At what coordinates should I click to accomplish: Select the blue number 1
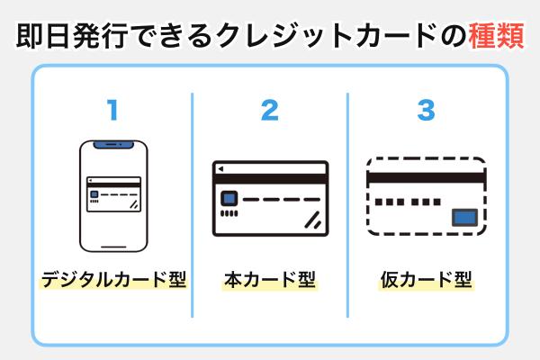[x=112, y=111]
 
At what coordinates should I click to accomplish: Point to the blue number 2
[x=269, y=111]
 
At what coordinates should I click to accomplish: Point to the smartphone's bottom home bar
[x=113, y=244]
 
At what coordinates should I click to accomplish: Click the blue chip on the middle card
[x=229, y=199]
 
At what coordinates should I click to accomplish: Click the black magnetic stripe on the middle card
[x=270, y=181]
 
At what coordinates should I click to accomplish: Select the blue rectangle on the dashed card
[x=464, y=216]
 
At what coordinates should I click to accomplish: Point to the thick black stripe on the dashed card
[x=427, y=177]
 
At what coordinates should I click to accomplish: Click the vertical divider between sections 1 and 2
[x=192, y=205]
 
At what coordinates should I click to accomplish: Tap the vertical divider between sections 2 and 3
[x=347, y=205]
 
